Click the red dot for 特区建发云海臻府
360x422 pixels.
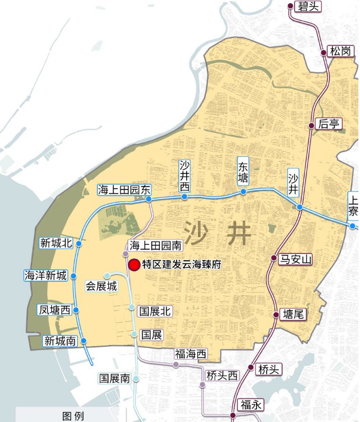134,264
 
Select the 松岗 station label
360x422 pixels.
340,51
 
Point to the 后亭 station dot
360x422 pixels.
313,125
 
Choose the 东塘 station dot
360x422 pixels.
243,192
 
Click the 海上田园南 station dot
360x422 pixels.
126,254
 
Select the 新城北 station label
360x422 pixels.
55,243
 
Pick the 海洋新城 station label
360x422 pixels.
46,276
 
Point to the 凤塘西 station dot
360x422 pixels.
76,310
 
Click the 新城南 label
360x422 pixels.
60,341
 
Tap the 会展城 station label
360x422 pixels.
101,286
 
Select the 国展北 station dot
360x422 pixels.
132,307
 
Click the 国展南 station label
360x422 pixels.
115,378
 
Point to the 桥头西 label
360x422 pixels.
221,375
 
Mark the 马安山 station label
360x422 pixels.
296,259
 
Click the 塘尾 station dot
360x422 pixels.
276,315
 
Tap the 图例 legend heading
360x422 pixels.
73,416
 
